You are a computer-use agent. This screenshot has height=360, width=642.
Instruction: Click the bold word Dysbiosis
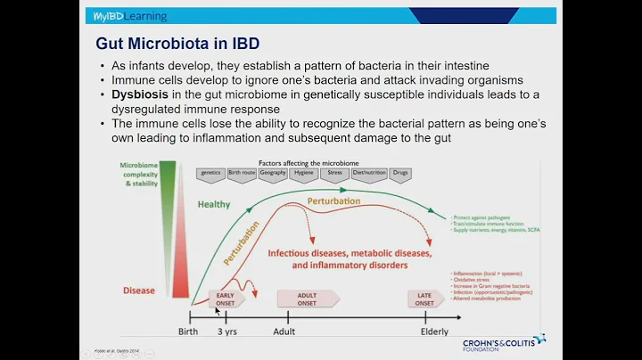[x=142, y=94]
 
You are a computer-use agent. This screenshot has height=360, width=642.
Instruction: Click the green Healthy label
[x=214, y=204]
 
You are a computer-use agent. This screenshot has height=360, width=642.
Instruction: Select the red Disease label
[x=138, y=290]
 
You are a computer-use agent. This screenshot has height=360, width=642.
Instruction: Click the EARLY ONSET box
[x=226, y=299]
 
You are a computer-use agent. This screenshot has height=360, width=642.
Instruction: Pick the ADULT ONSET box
[x=307, y=299]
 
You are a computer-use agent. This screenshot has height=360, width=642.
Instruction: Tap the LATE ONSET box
[x=425, y=299]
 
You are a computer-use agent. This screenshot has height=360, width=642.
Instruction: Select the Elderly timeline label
[x=434, y=331]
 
